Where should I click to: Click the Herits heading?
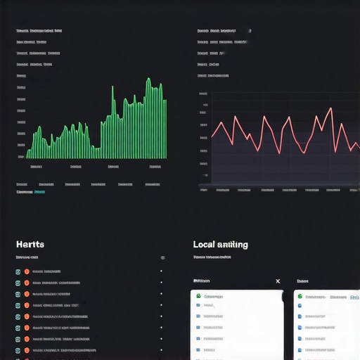pyautogui.click(x=30, y=244)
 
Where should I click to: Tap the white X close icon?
pyautogui.click(x=278, y=281)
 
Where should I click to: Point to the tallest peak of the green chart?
pyautogui.click(x=148, y=79)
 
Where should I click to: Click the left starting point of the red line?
pyautogui.click(x=212, y=136)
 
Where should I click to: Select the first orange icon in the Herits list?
pyautogui.click(x=27, y=271)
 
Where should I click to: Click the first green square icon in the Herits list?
pyautogui.click(x=18, y=271)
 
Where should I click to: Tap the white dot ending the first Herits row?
pyautogui.click(x=162, y=271)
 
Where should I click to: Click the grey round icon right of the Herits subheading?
pyautogui.click(x=163, y=258)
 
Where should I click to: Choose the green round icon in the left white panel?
pyautogui.click(x=199, y=297)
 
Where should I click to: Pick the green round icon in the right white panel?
pyautogui.click(x=300, y=297)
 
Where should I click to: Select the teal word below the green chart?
pyautogui.click(x=40, y=191)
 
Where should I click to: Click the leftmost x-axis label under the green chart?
pyautogui.click(x=35, y=167)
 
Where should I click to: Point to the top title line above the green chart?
pyautogui.click(x=39, y=32)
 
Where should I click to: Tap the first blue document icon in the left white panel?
pyautogui.click(x=199, y=307)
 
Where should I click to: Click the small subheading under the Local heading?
pyautogui.click(x=212, y=257)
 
